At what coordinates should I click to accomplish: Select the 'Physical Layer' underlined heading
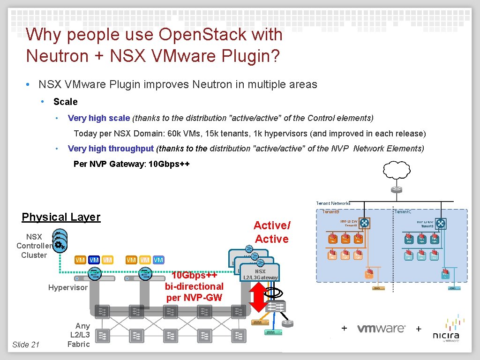tap(61, 217)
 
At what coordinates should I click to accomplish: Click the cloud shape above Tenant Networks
tap(397, 172)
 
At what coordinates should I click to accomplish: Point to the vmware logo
tap(381, 328)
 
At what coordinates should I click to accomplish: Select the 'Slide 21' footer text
tap(25, 345)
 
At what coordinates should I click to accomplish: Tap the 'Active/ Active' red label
tap(272, 232)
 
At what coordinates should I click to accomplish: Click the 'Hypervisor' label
tap(68, 287)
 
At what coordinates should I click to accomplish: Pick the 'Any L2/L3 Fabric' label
tap(79, 335)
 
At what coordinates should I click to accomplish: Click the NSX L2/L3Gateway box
tap(260, 274)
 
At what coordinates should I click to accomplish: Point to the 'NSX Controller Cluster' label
tap(34, 246)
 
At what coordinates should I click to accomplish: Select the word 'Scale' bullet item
tap(66, 102)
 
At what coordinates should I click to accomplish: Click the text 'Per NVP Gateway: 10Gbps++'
tap(132, 164)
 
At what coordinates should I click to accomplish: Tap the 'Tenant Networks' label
tap(333, 203)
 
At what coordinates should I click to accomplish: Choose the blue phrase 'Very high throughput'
tap(111, 149)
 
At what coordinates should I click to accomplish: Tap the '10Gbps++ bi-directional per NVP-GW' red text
tap(194, 286)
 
